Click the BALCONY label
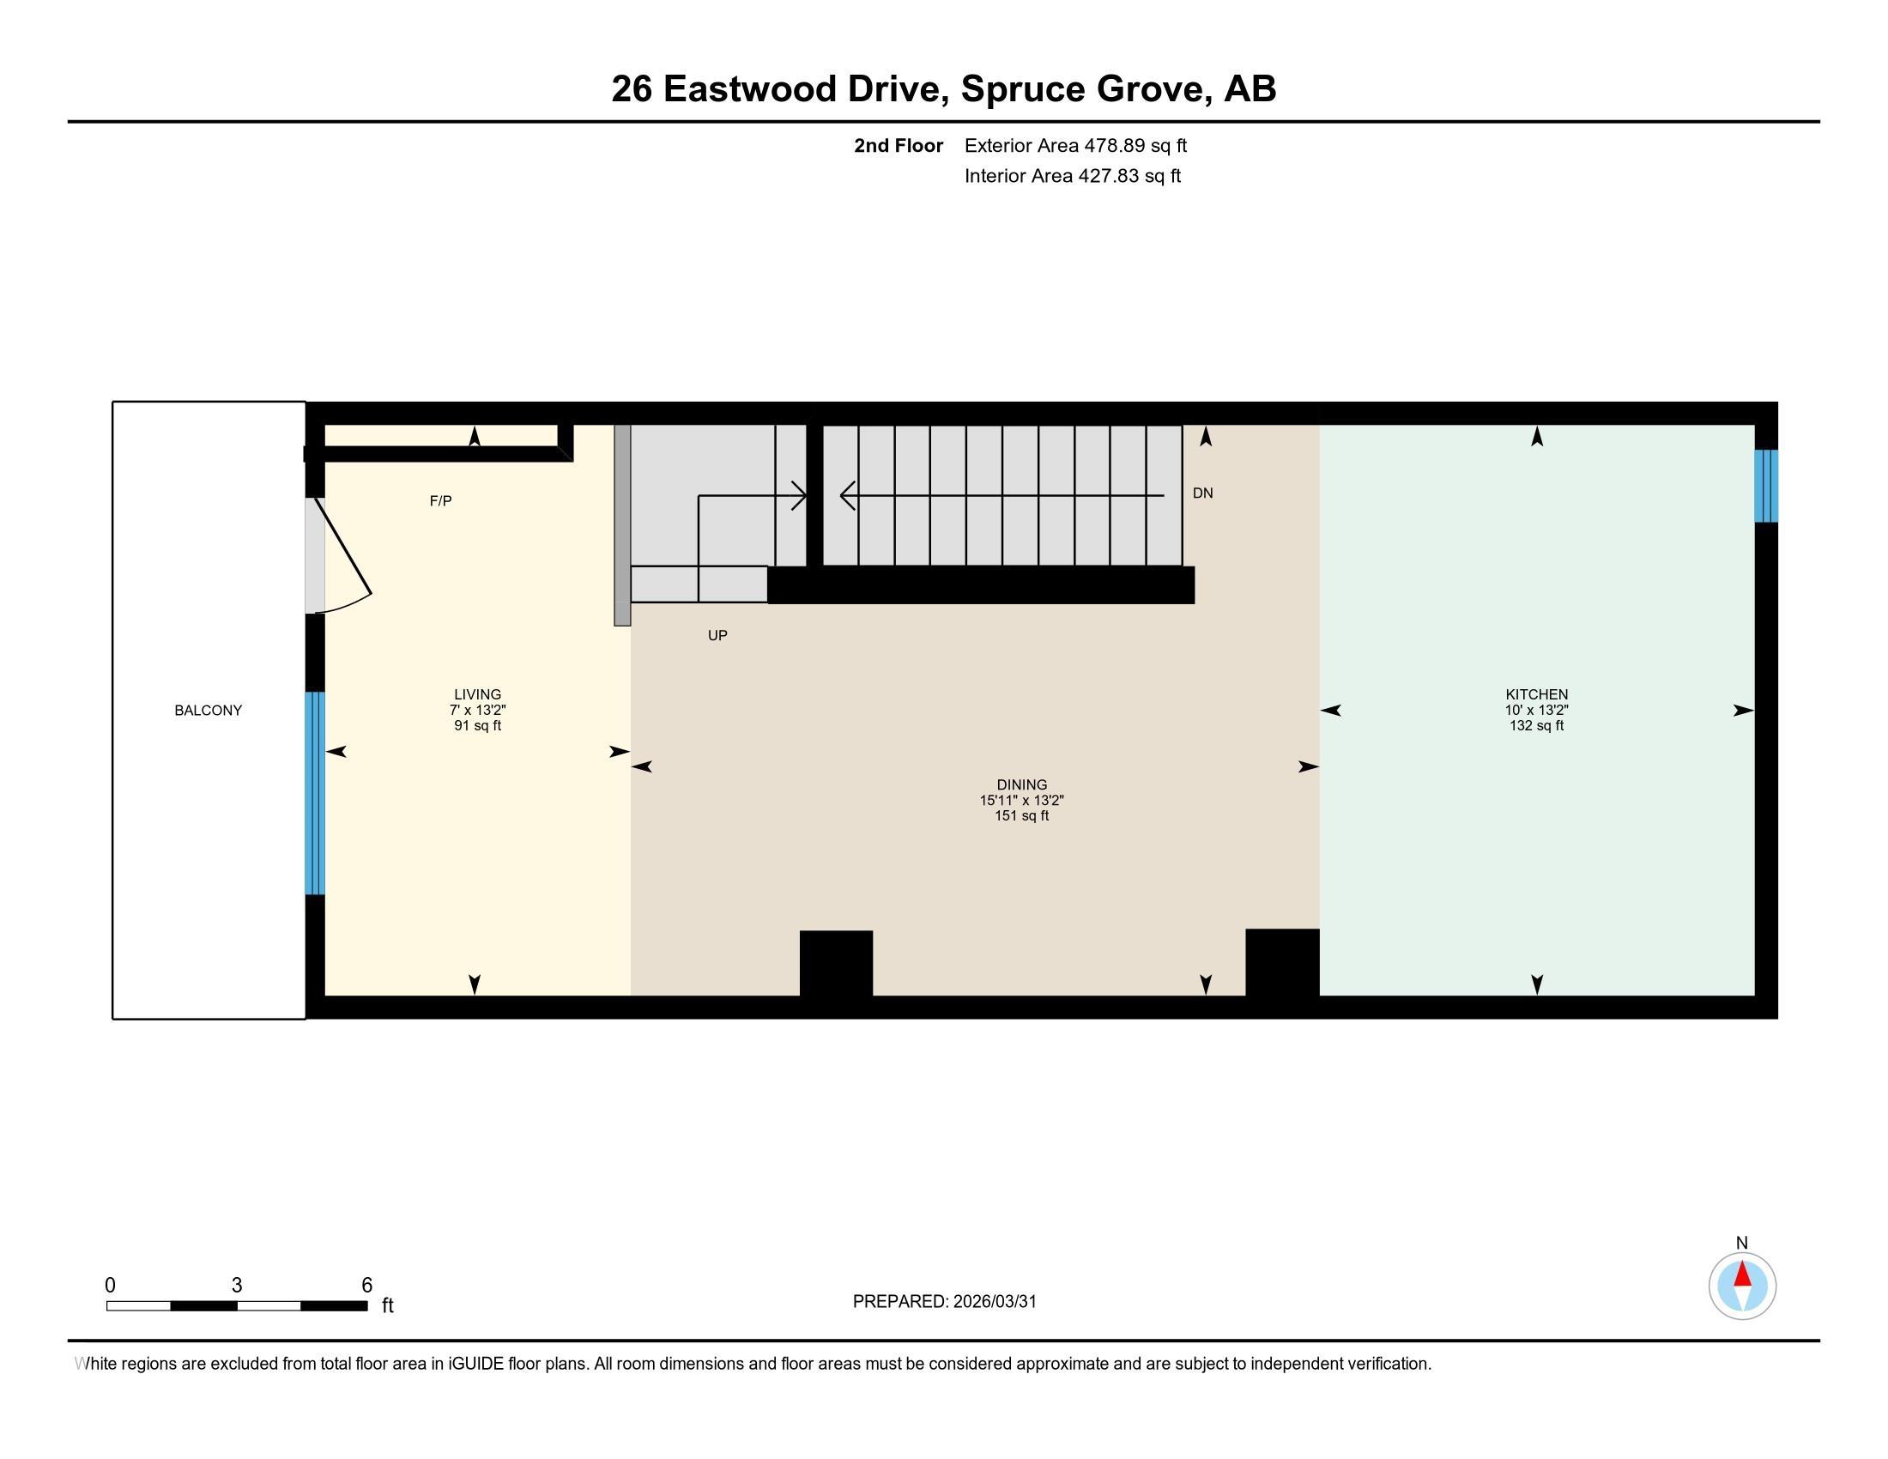pyautogui.click(x=209, y=711)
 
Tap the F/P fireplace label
pyautogui.click(x=441, y=501)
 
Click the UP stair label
pyautogui.click(x=717, y=635)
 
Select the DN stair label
pyautogui.click(x=1202, y=493)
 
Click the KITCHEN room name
pyautogui.click(x=1536, y=694)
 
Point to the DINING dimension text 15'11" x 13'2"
pyautogui.click(x=1021, y=801)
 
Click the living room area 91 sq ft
pyautogui.click(x=477, y=726)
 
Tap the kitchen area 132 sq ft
pyautogui.click(x=1536, y=726)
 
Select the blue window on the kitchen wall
pyautogui.click(x=1765, y=486)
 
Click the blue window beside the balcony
pyautogui.click(x=315, y=793)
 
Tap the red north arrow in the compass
pyautogui.click(x=1743, y=1274)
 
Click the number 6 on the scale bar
pyautogui.click(x=366, y=1286)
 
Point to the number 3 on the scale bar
pyautogui.click(x=237, y=1286)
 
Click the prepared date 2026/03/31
pyautogui.click(x=994, y=1302)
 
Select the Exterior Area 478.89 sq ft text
pyautogui.click(x=1075, y=146)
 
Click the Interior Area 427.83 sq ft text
pyautogui.click(x=1072, y=176)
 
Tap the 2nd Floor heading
pyautogui.click(x=899, y=146)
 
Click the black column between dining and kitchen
pyautogui.click(x=1282, y=962)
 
